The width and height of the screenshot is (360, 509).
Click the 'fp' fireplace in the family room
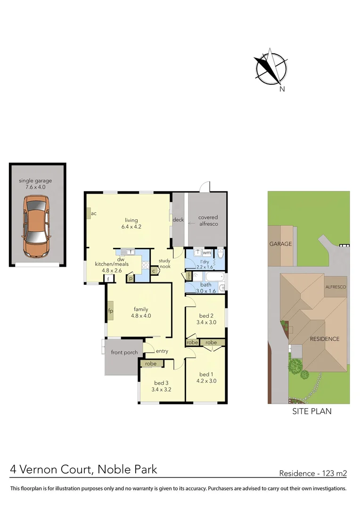[110, 311]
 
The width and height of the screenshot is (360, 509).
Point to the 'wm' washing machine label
[207, 253]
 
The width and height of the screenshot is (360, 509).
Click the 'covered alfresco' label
[208, 221]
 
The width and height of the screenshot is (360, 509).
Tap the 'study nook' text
[164, 263]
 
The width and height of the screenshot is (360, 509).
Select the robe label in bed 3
[151, 364]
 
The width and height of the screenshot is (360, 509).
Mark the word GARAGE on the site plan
[280, 244]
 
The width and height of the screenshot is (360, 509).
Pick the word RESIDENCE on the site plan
[324, 339]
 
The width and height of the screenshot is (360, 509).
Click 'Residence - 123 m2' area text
[313, 473]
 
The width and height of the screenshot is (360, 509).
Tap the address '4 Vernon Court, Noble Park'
[84, 470]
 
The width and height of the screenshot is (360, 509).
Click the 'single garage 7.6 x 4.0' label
[35, 184]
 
